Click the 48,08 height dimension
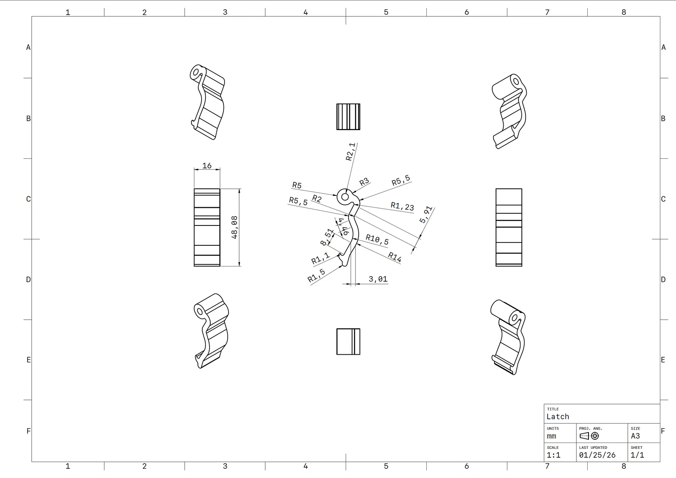pos(234,228)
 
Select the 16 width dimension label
pos(207,166)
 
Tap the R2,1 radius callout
pos(350,152)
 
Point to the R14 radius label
pos(395,257)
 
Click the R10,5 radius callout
pos(377,240)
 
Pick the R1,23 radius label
pos(402,206)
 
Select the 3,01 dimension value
pos(378,279)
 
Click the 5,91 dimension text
pos(426,215)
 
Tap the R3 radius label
pos(364,182)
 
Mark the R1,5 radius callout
pos(316,275)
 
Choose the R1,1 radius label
pos(321,258)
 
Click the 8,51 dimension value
pos(327,237)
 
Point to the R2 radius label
pos(317,199)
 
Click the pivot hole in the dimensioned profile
pos(345,197)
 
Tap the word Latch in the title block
pos(558,417)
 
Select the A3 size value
pos(635,436)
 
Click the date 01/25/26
pos(597,455)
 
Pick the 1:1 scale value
pos(553,455)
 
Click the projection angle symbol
pos(589,436)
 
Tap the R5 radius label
pos(297,185)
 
